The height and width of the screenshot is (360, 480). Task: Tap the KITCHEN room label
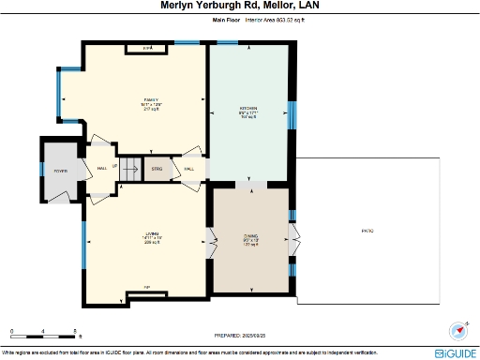[247, 110]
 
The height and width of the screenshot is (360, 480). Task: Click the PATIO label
[367, 230]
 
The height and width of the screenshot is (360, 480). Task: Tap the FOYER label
[60, 171]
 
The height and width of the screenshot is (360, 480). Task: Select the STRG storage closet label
[157, 169]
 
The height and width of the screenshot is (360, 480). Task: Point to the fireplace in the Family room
[148, 47]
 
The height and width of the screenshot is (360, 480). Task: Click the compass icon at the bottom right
[458, 331]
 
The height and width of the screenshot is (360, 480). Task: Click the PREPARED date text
[239, 334]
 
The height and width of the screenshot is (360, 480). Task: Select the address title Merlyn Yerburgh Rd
[239, 6]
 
